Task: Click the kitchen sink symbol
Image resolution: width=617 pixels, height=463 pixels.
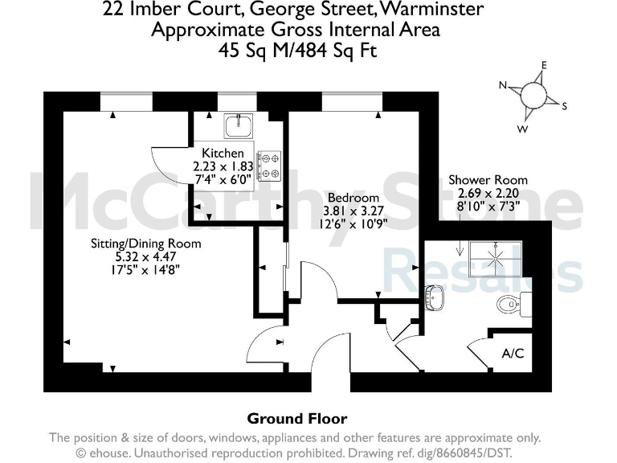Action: [x=239, y=125]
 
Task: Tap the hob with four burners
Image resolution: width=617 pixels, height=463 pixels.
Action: [x=268, y=165]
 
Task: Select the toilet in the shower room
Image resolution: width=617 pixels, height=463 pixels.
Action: [x=511, y=304]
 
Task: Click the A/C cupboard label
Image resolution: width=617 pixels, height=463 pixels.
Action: [x=513, y=353]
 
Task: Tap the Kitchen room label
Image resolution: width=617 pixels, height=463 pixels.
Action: [x=223, y=154]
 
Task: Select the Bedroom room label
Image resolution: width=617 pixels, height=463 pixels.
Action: [x=353, y=198]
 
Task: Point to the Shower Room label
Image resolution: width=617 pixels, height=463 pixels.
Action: [x=488, y=180]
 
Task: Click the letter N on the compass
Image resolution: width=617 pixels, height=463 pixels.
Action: [x=503, y=85]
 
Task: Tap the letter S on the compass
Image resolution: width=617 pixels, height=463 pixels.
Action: [x=564, y=106]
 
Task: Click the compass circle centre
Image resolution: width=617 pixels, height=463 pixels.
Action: [x=533, y=96]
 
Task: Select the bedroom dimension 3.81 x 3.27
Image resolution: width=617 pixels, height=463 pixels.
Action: [x=353, y=211]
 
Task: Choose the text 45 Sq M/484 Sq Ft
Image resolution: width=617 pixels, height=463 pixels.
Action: [x=296, y=50]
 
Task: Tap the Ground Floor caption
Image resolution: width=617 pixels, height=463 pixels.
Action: [x=296, y=419]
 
